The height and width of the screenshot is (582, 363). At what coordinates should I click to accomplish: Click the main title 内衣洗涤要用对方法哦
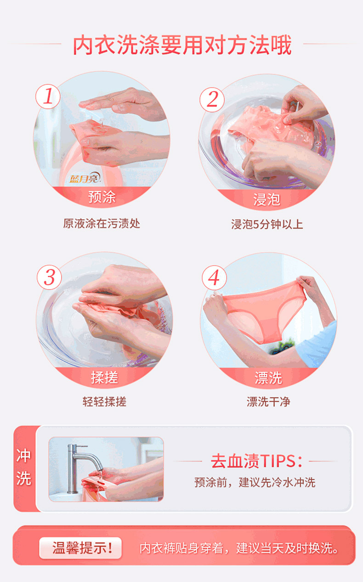tap(182, 45)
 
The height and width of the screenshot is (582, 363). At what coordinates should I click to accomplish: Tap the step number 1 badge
tap(48, 96)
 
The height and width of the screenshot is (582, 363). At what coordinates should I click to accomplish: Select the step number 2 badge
tap(212, 100)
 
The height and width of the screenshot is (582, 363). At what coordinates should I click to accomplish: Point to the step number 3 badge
tap(49, 277)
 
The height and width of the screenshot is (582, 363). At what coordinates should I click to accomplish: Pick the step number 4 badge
tap(214, 278)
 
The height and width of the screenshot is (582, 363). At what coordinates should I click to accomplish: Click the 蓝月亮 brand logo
tap(85, 178)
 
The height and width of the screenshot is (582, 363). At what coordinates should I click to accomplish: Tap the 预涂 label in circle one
tap(102, 197)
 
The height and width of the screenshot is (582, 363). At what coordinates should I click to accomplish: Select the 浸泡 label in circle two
tap(267, 199)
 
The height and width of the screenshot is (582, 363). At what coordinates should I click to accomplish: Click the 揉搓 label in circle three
tap(104, 377)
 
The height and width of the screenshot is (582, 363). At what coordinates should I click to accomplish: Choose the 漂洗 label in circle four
tap(268, 378)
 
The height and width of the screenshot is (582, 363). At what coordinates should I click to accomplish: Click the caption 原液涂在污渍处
tap(102, 223)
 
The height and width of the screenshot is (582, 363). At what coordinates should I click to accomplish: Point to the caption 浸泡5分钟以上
tap(267, 224)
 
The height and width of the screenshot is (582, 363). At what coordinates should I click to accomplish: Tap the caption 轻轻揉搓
tap(104, 401)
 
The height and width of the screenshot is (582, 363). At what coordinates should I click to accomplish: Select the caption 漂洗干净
tap(268, 401)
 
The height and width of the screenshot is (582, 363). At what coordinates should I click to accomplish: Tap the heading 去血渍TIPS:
tap(256, 461)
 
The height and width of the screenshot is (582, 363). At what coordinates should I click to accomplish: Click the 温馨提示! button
tap(80, 548)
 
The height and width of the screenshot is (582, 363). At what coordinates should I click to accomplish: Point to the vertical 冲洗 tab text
tap(23, 467)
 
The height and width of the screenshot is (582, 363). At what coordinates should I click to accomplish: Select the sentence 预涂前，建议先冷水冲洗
tap(255, 482)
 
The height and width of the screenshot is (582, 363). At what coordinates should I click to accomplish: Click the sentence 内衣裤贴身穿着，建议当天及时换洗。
tap(239, 548)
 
